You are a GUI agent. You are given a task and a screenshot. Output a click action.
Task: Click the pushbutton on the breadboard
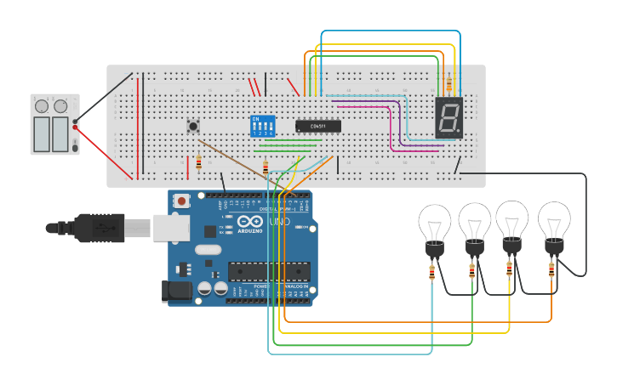pos(193,127)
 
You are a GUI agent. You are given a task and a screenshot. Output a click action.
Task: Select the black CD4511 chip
pos(318,126)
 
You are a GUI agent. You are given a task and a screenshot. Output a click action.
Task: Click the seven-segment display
pos(448,118)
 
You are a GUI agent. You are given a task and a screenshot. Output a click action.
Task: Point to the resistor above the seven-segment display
pos(448,83)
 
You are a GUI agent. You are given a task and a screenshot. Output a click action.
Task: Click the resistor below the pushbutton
pos(198,162)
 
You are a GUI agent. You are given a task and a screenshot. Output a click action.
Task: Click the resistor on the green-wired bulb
pos(472,270)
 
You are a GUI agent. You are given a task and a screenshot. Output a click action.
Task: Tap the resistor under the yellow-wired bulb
pos(510,268)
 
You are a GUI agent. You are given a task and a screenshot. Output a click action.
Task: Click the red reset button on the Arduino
pos(181,201)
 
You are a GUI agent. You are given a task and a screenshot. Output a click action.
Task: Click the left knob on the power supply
pos(42,106)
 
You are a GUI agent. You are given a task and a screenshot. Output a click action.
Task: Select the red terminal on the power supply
pos(75,127)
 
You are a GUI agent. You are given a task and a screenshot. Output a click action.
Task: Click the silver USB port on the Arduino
pos(172,227)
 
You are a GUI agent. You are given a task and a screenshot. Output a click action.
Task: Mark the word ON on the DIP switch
pos(256,119)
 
